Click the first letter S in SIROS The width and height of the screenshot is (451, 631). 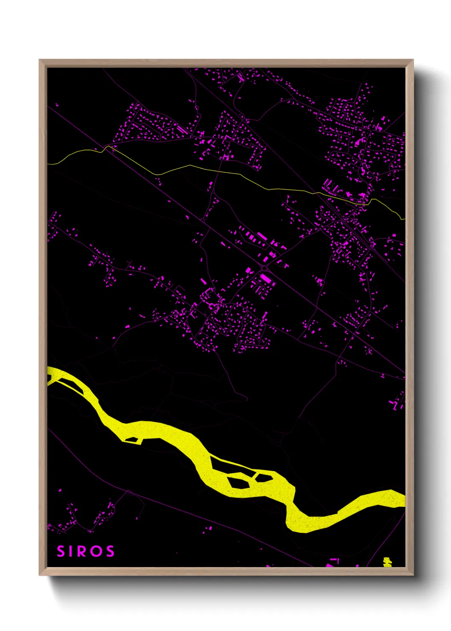click(61, 551)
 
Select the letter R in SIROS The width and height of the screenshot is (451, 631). click(83, 551)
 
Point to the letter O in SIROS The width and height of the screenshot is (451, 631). click(97, 551)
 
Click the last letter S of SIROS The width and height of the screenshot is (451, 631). click(110, 551)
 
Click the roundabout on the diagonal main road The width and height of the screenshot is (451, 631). click(265, 268)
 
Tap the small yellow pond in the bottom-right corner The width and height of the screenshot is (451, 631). click(387, 562)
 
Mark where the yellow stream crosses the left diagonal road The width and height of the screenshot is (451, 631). click(106, 147)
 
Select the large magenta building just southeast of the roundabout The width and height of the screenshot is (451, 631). click(265, 279)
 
